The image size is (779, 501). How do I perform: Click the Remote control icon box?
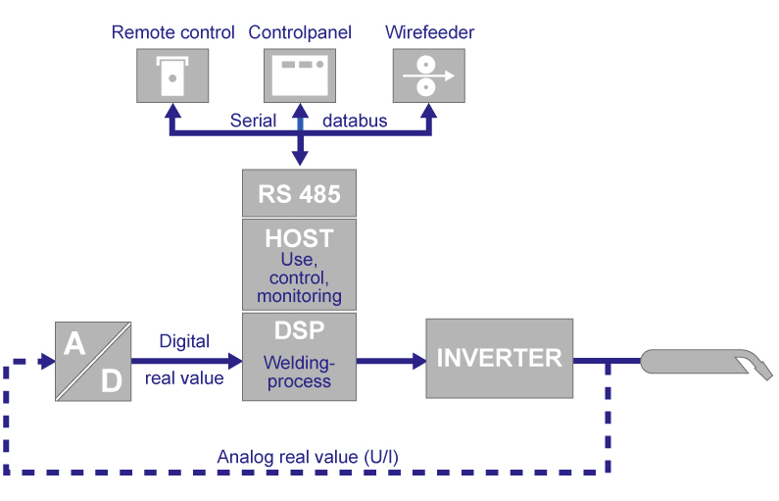click(x=172, y=74)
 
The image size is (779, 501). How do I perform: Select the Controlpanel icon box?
click(x=300, y=74)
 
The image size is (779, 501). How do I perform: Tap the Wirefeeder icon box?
click(x=428, y=74)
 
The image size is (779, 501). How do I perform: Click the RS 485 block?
click(x=299, y=193)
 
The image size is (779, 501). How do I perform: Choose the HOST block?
click(x=299, y=264)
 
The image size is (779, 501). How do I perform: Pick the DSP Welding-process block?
click(x=299, y=357)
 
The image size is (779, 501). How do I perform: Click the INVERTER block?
click(x=499, y=358)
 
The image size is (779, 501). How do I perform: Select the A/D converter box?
click(x=93, y=362)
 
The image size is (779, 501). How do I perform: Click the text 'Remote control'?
click(x=173, y=33)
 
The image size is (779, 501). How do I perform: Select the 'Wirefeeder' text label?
click(x=429, y=33)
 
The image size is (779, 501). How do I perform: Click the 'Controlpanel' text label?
click(x=301, y=33)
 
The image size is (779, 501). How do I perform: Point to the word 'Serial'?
click(x=253, y=122)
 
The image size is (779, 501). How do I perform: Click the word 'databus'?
click(x=355, y=122)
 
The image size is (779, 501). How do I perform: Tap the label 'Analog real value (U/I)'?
click(x=308, y=456)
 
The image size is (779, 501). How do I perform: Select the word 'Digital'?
click(x=184, y=341)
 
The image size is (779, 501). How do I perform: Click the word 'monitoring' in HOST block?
click(x=299, y=295)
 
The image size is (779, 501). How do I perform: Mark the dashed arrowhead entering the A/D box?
click(x=46, y=362)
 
